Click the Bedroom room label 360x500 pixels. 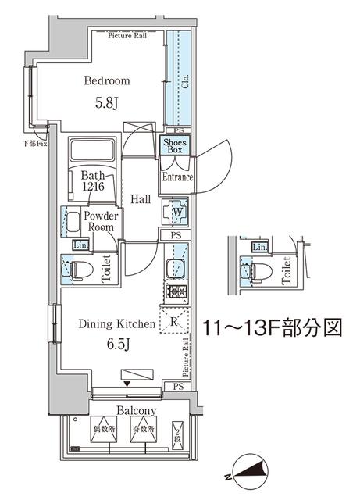107,80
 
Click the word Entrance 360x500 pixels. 177,177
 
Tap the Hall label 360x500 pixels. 141,200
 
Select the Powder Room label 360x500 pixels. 101,222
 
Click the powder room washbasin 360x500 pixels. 71,223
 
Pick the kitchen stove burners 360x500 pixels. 174,295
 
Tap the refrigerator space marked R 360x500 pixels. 173,320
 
